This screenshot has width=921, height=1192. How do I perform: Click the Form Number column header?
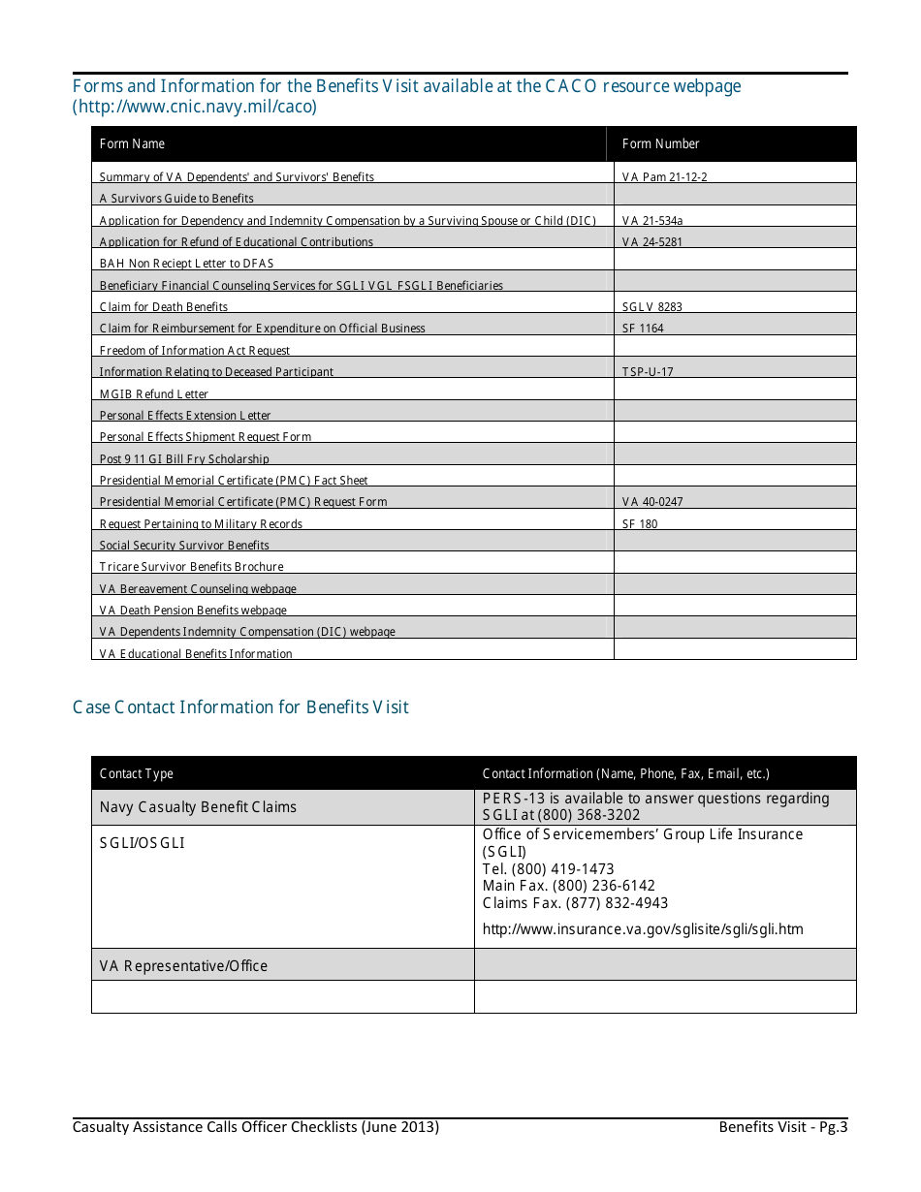(660, 143)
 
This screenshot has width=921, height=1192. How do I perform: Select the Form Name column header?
(132, 143)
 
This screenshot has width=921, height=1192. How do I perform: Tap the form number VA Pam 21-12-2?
(657, 177)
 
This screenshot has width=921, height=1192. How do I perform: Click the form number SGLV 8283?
(651, 307)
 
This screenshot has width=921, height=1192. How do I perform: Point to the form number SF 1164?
(643, 329)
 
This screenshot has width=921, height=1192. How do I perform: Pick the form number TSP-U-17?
(647, 372)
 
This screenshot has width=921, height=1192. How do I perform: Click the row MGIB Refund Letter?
(154, 394)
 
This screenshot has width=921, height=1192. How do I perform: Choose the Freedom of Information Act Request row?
(195, 351)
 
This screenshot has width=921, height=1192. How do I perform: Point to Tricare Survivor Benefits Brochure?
(191, 567)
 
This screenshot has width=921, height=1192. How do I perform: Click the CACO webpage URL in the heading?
(195, 108)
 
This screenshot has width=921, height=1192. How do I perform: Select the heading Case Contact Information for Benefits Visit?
(240, 707)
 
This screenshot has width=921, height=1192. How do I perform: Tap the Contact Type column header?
(137, 773)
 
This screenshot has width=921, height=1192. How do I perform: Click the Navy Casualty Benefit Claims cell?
(198, 807)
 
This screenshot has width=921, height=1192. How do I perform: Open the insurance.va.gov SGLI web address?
(642, 929)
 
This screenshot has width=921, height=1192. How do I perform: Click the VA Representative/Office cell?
(183, 966)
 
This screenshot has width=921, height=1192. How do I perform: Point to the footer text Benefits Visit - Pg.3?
(782, 1127)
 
